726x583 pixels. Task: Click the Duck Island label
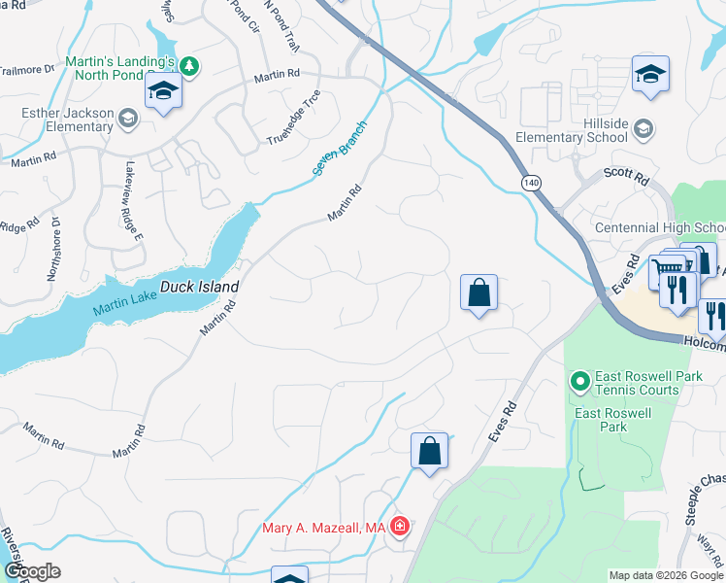[x=199, y=289]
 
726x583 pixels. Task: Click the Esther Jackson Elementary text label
[x=67, y=120]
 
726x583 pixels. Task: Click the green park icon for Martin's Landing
[x=191, y=67]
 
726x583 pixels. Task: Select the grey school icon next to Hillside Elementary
[x=643, y=128]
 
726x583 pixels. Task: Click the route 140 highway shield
[x=530, y=183]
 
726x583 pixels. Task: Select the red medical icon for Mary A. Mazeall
[x=399, y=528]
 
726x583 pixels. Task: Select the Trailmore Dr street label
[x=27, y=69]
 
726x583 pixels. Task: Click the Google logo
[x=32, y=571]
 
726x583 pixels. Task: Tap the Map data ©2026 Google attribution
[x=666, y=575]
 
